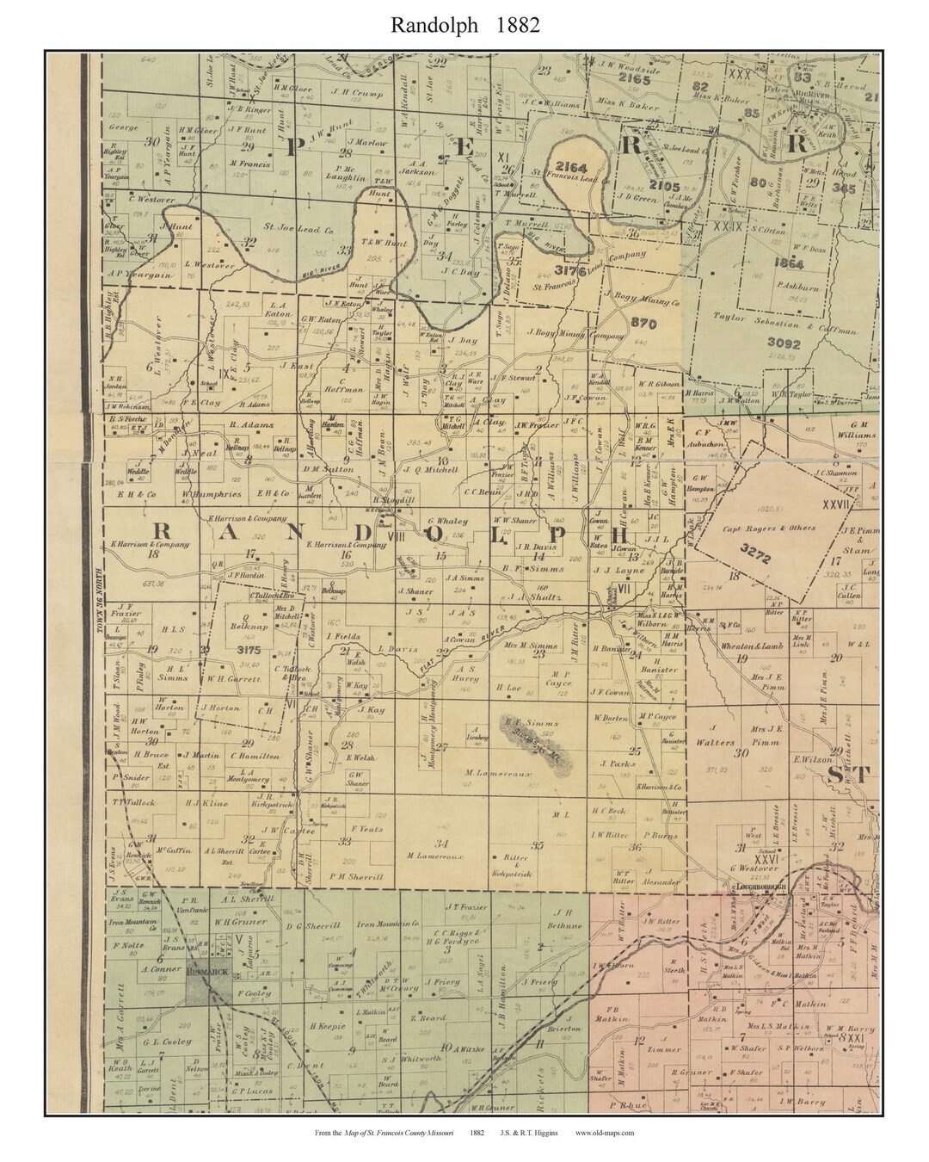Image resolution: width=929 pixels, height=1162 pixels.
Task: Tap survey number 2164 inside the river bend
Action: pyautogui.click(x=569, y=166)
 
